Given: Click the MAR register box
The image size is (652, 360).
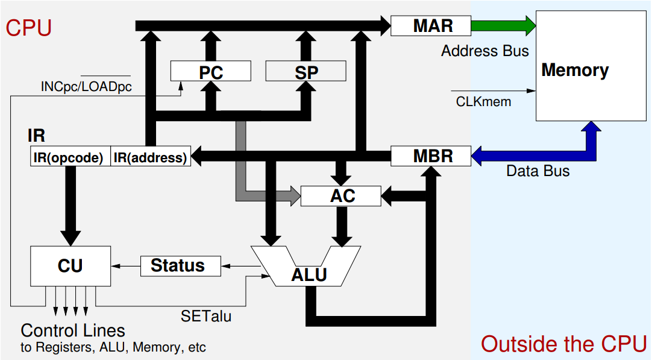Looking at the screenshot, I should [x=430, y=25].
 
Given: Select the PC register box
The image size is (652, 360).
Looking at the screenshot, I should [x=210, y=72].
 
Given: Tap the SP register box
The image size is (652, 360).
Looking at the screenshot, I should [x=306, y=72].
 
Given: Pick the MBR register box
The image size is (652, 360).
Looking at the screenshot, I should [x=430, y=156].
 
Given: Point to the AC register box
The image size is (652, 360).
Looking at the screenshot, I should [x=341, y=195].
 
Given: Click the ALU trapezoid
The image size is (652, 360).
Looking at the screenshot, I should [x=307, y=268].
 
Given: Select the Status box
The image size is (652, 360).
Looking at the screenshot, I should [x=180, y=265].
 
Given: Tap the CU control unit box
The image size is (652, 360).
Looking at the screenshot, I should [x=71, y=265].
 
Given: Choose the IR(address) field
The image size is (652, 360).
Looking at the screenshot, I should [x=151, y=158].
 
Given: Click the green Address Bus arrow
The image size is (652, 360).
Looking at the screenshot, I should [x=503, y=25].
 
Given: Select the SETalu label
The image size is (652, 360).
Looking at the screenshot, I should [x=205, y=315].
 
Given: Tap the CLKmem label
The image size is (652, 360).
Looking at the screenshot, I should [x=483, y=101].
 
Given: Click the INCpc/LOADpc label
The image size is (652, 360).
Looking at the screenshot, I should [x=86, y=86].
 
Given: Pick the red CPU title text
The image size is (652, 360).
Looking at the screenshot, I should [x=29, y=28].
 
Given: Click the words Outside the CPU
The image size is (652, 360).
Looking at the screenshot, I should [x=563, y=344].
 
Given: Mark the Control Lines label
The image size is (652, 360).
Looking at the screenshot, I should [x=73, y=330].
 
